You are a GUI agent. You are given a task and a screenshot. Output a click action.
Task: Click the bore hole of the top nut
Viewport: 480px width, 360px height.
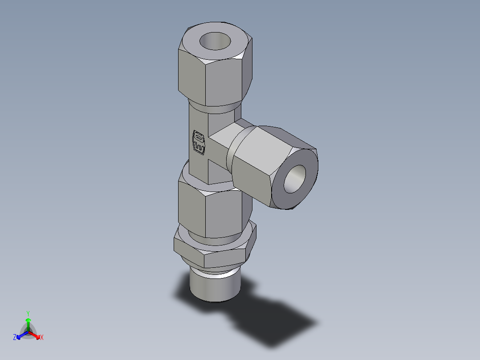coord(215,41)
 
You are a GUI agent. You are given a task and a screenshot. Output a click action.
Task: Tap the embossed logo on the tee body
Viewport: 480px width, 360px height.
coord(199,143)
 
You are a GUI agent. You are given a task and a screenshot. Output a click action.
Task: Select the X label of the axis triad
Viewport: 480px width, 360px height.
coord(42,338)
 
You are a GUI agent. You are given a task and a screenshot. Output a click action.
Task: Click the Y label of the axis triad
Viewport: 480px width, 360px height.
coord(28,313)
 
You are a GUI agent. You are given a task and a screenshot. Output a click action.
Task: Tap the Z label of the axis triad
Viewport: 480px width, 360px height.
coord(15,338)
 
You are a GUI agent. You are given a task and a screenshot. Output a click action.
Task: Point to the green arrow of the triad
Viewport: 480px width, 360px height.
coord(28,323)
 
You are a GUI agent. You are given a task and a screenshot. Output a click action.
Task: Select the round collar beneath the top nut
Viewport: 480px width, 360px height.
coord(216,109)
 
